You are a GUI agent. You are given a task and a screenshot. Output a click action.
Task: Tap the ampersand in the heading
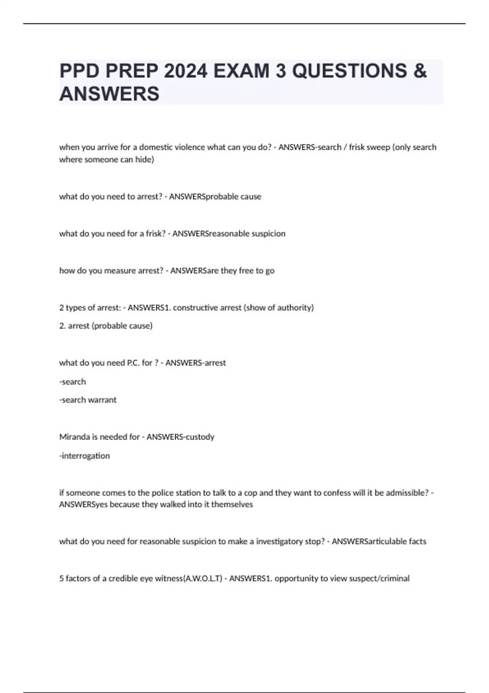(x=420, y=71)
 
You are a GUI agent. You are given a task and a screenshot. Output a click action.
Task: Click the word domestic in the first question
(x=156, y=147)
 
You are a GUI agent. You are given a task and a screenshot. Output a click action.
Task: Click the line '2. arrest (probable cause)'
(x=106, y=326)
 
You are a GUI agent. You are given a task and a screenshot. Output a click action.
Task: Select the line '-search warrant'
(x=88, y=400)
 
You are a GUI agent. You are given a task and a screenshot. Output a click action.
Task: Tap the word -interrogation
(x=85, y=456)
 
